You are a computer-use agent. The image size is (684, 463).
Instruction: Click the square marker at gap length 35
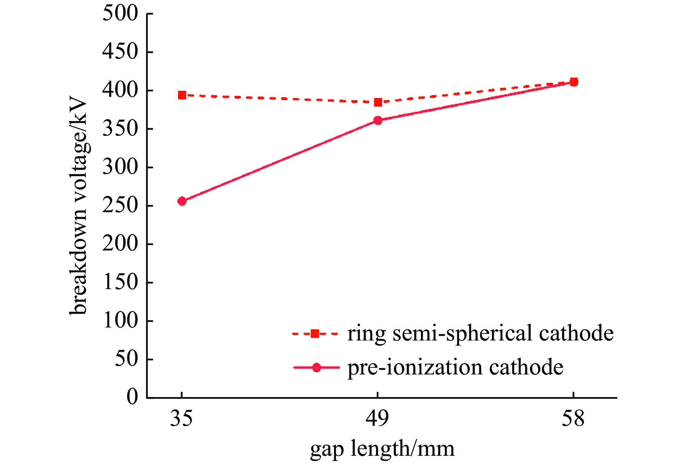(x=182, y=95)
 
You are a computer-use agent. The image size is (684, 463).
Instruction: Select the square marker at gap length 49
(x=378, y=102)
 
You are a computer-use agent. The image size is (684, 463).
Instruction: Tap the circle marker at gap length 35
(x=182, y=201)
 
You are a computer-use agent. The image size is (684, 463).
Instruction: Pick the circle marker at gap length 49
(x=378, y=120)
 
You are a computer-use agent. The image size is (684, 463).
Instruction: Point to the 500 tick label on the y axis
(x=121, y=14)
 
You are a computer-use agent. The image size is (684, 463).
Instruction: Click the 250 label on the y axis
(x=121, y=206)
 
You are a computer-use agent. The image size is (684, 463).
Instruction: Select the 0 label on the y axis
(x=132, y=397)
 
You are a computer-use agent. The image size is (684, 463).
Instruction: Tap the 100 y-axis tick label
(x=121, y=321)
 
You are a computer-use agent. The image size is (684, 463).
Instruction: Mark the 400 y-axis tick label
(x=121, y=90)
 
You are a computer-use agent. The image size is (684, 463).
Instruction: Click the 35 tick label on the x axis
(x=181, y=419)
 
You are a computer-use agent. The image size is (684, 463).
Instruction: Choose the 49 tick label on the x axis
(x=377, y=419)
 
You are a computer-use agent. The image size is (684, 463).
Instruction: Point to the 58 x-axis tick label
(x=573, y=419)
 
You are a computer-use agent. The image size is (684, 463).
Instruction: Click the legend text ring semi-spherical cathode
(x=480, y=333)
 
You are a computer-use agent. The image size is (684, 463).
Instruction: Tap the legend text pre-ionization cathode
(x=455, y=368)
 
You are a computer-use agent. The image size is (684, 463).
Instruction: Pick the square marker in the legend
(x=315, y=334)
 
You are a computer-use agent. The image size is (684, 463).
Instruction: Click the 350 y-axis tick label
(x=121, y=129)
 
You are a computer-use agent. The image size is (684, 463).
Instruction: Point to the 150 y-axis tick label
(x=121, y=282)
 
